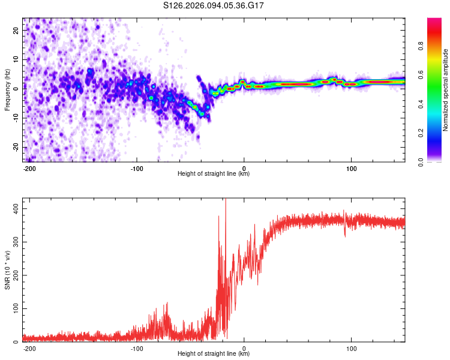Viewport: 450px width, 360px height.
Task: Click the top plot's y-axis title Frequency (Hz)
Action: click(7, 90)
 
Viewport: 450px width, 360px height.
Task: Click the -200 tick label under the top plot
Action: click(30, 168)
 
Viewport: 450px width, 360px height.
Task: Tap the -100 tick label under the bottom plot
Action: click(137, 348)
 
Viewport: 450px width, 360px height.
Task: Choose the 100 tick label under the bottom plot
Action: click(352, 348)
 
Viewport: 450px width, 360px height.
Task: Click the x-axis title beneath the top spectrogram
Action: click(214, 174)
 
